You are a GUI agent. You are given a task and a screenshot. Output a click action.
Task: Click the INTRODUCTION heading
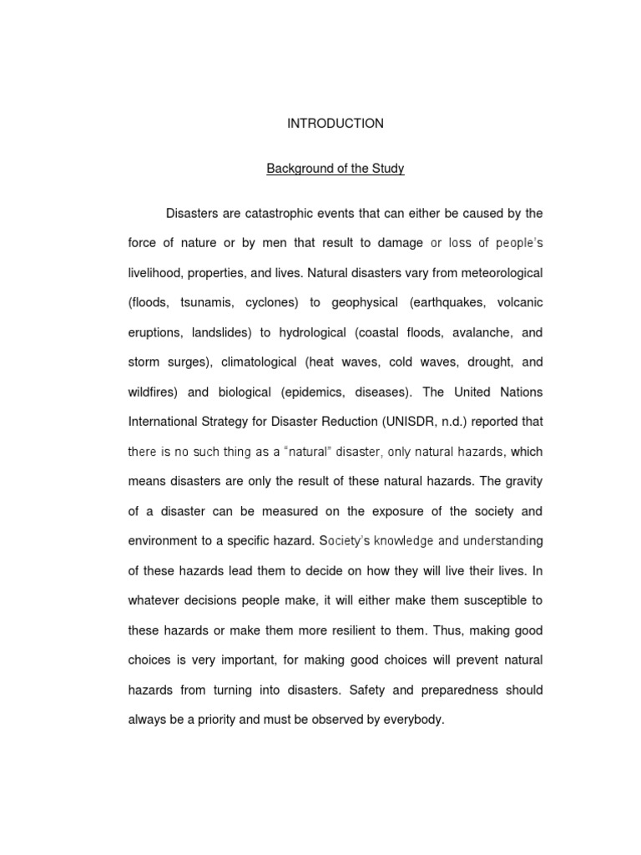[x=336, y=124]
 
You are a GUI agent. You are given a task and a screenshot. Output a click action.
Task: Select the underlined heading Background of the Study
[x=336, y=169]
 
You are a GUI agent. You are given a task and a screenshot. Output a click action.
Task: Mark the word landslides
[x=219, y=332]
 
